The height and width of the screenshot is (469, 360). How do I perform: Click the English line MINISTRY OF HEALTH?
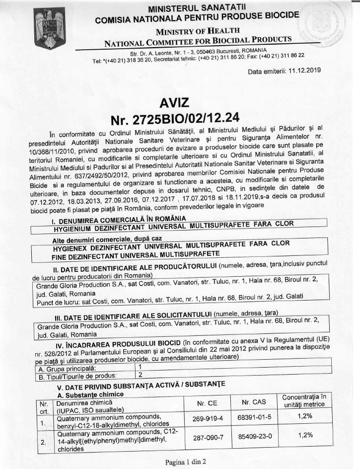click(196, 30)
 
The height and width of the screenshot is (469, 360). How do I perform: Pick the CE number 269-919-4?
click(206, 419)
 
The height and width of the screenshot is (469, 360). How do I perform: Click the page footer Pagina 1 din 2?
click(186, 462)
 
